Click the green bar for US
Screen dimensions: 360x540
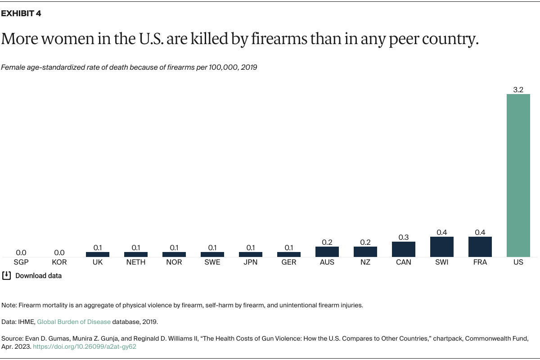point(518,175)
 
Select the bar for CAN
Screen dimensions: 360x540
point(404,249)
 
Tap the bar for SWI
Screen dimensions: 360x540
point(442,247)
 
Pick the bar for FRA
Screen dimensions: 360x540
point(480,247)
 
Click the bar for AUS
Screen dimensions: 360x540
point(327,252)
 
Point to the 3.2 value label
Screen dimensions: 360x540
point(518,90)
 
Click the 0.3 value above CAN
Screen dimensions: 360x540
point(404,237)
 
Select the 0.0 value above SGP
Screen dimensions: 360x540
point(21,253)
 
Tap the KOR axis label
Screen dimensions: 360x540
point(59,262)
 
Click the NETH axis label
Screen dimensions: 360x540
point(136,262)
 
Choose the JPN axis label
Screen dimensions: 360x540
point(251,262)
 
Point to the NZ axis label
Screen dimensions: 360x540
point(365,262)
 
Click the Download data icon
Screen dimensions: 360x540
point(6,275)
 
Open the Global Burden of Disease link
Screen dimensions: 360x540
point(74,322)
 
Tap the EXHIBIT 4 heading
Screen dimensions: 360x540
point(21,13)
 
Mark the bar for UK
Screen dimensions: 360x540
point(98,254)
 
